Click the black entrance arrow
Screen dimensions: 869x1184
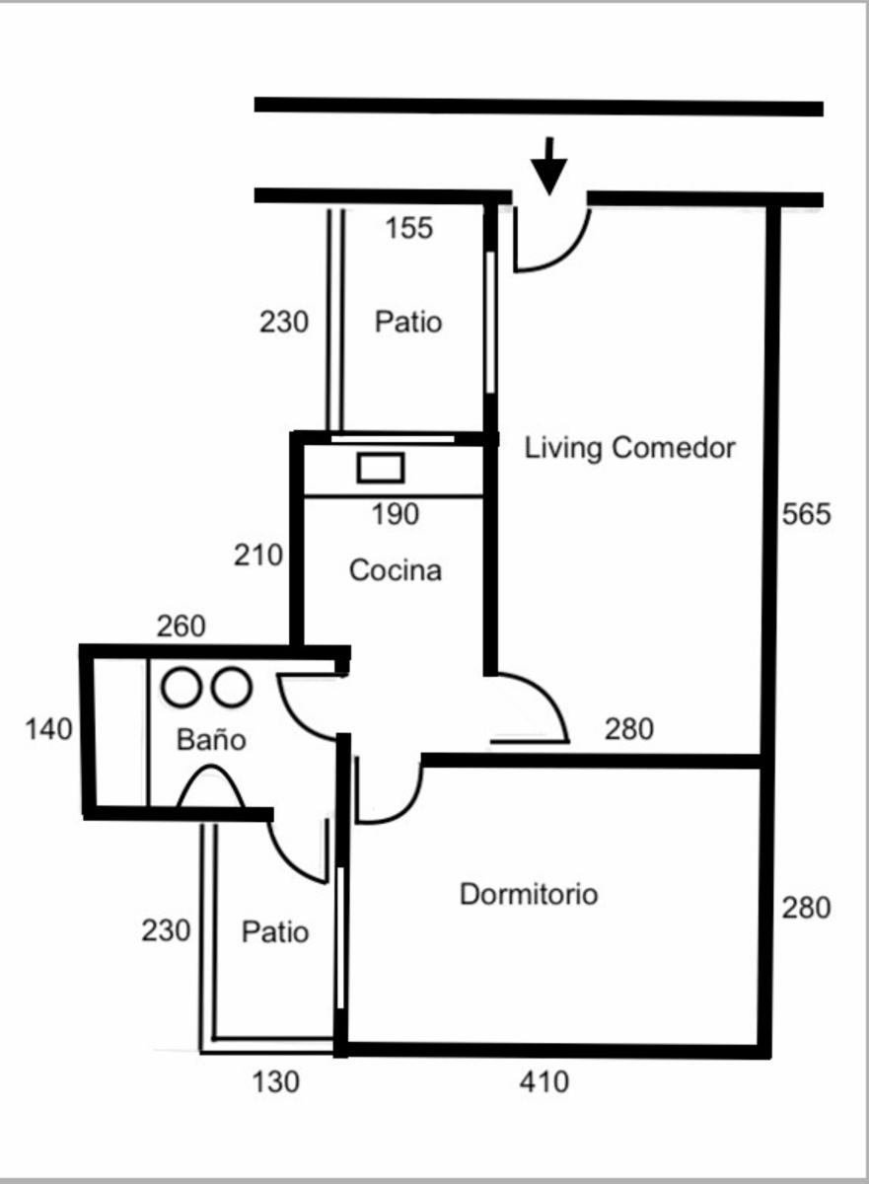click(x=549, y=167)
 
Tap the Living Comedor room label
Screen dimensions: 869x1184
click(x=629, y=448)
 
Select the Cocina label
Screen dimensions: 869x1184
click(x=396, y=570)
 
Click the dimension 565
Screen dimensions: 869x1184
click(x=806, y=514)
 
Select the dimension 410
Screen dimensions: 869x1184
click(x=544, y=1081)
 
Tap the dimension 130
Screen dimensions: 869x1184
click(x=276, y=1081)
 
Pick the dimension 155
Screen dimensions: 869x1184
click(x=409, y=228)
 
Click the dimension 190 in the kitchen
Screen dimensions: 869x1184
click(x=396, y=514)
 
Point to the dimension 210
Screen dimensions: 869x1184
click(x=258, y=555)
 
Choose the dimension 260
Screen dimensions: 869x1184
click(x=181, y=627)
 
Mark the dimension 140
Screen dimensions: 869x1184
click(x=48, y=729)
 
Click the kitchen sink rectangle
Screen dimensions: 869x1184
click(x=381, y=468)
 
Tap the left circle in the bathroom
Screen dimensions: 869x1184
click(x=181, y=687)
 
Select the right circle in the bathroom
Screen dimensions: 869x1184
click(x=232, y=687)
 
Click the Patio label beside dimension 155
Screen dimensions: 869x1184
click(x=408, y=322)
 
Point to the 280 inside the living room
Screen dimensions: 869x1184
click(x=629, y=729)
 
